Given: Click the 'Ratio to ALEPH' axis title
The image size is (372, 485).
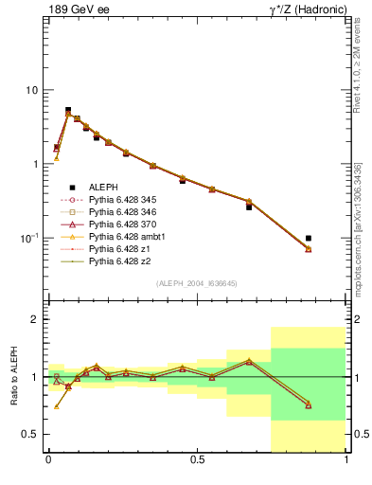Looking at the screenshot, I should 12,377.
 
